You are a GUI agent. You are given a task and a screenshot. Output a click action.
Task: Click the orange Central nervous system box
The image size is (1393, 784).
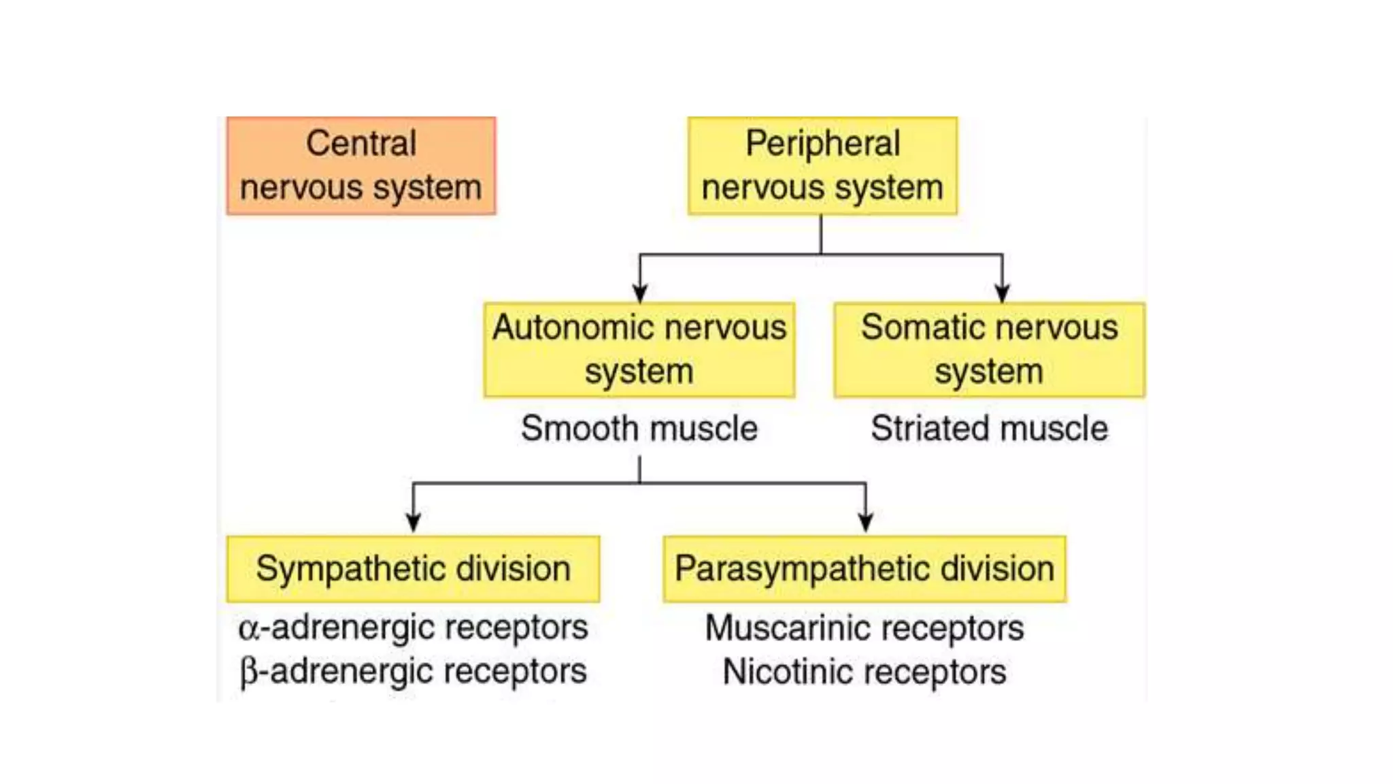(361, 166)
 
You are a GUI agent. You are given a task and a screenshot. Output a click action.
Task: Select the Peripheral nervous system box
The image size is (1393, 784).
(822, 166)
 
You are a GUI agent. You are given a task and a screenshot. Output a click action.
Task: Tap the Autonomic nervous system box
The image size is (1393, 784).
(639, 350)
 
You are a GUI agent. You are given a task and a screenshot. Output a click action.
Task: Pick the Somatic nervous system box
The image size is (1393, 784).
(990, 350)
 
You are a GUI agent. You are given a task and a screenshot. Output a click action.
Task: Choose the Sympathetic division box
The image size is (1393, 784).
(413, 569)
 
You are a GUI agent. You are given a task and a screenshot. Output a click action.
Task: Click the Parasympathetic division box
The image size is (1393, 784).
(865, 569)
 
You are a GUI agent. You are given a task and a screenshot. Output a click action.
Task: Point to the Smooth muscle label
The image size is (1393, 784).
(639, 429)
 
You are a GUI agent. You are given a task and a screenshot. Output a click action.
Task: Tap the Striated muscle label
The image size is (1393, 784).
(990, 429)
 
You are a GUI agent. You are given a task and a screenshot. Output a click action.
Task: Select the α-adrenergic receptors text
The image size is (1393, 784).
(413, 627)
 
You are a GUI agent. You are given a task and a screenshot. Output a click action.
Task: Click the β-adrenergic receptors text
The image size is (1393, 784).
(413, 672)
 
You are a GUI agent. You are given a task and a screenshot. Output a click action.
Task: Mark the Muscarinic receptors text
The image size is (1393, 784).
(865, 627)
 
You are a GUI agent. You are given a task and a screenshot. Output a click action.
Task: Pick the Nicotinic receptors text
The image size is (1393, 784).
(865, 672)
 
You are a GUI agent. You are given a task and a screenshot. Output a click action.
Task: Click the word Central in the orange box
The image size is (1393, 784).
(361, 144)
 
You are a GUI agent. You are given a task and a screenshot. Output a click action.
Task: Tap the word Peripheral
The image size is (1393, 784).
(822, 144)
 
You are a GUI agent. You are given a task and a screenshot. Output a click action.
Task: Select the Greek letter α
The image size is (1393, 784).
(249, 629)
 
